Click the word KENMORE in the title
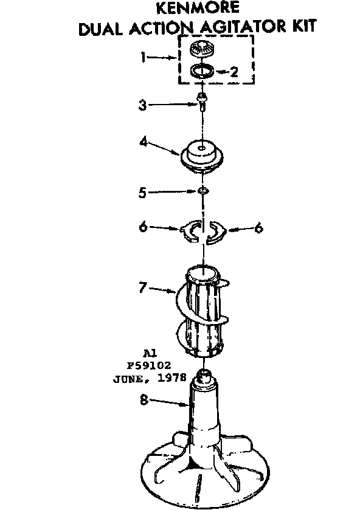[197, 8]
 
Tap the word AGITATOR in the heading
[243, 27]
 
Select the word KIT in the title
[304, 26]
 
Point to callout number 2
[234, 72]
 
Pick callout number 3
[142, 105]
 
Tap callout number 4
[144, 142]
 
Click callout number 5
[142, 193]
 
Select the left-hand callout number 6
[143, 227]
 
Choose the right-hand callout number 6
[258, 228]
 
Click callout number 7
[142, 288]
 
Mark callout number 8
[144, 400]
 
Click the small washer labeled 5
[203, 190]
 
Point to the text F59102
[149, 365]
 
